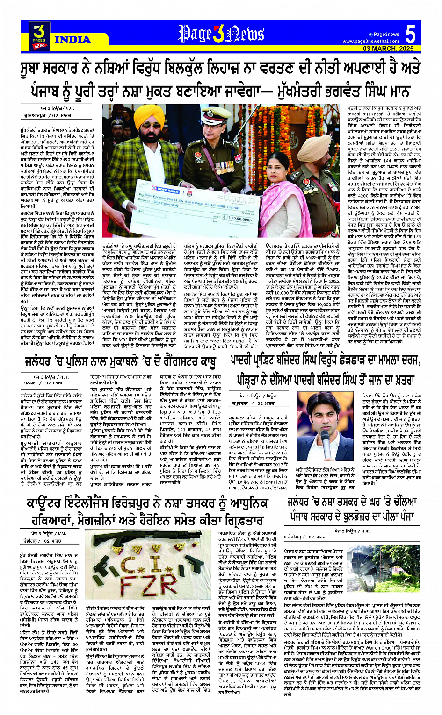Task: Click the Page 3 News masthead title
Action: point(221,34)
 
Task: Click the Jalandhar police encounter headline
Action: point(121,375)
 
